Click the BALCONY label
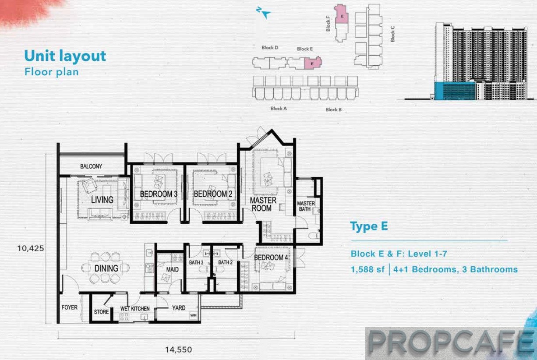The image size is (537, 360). pyautogui.click(x=91, y=166)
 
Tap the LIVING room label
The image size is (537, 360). pyautogui.click(x=102, y=200)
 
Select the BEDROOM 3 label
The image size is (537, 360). pyautogui.click(x=159, y=194)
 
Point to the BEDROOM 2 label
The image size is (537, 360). pyautogui.click(x=213, y=194)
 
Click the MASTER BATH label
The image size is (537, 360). pyautogui.click(x=306, y=206)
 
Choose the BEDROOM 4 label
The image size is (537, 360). pyautogui.click(x=271, y=258)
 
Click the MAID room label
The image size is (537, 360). pyautogui.click(x=173, y=269)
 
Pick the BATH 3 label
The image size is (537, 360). pyautogui.click(x=196, y=262)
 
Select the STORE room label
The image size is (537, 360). pyautogui.click(x=101, y=312)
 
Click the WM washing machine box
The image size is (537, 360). pyautogui.click(x=193, y=315)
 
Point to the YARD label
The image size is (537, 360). pyautogui.click(x=179, y=308)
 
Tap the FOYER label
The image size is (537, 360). pyautogui.click(x=70, y=307)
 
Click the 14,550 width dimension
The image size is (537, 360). pyautogui.click(x=179, y=349)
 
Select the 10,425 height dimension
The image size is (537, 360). pyautogui.click(x=31, y=248)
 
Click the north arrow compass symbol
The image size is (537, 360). pyautogui.click(x=264, y=13)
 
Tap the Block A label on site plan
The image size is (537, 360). pyautogui.click(x=279, y=109)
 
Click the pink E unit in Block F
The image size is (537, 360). pyautogui.click(x=341, y=14)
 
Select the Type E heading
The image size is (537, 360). pyautogui.click(x=369, y=226)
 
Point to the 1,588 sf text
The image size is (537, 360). pyautogui.click(x=367, y=269)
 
